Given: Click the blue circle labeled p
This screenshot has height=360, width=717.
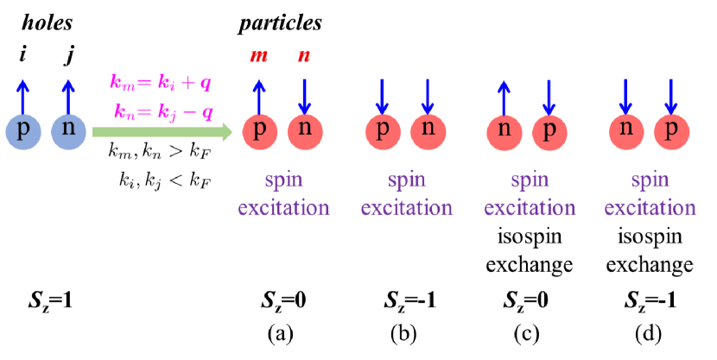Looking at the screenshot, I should click(23, 132).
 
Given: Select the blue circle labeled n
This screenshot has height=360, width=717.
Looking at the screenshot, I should click(68, 132).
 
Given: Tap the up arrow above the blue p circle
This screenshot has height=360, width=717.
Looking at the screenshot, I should click(23, 95).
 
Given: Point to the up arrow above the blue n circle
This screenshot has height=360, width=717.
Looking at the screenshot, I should click(68, 95).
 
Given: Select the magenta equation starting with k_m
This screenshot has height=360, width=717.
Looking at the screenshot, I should click(161, 83).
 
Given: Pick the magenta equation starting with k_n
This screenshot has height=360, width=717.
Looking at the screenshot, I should click(163, 111).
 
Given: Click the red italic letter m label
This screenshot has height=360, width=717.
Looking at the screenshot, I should click(258, 56).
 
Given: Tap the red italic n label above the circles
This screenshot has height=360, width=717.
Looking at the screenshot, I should click(304, 56).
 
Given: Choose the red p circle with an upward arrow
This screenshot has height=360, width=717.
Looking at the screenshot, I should click(260, 132).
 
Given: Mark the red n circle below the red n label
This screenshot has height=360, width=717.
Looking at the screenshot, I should click(305, 132).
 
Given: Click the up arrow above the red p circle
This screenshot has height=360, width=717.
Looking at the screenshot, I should click(259, 95).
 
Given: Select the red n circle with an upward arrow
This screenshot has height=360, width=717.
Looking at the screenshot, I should click(504, 132).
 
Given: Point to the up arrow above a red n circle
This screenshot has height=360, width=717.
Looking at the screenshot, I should click(504, 95).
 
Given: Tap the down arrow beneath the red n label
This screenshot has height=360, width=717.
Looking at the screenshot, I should click(305, 95).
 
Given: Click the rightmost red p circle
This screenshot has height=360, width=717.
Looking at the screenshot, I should click(671, 132).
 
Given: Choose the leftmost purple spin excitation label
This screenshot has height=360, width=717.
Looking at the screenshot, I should click(283, 194).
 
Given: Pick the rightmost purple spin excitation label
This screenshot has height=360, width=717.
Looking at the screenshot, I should click(650, 194).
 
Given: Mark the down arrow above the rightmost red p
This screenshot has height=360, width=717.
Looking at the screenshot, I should click(671, 95).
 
